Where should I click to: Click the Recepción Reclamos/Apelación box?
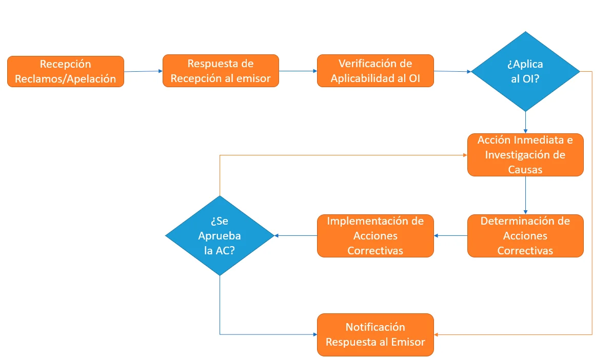(x=66, y=71)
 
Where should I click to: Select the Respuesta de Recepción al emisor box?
(x=221, y=71)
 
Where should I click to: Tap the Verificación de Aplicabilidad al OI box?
(x=375, y=71)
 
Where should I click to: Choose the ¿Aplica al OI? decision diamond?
(x=525, y=71)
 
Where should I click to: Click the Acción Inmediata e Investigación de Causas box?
(x=525, y=155)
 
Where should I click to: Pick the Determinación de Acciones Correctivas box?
(x=525, y=236)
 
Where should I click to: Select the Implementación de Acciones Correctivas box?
(x=375, y=236)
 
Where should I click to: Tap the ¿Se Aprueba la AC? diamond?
(x=220, y=236)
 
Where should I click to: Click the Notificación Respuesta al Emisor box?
(x=375, y=334)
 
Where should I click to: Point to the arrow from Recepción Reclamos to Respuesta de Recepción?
(x=143, y=71)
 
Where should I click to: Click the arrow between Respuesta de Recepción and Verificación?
(x=298, y=71)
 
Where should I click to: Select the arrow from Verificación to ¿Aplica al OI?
(x=452, y=71)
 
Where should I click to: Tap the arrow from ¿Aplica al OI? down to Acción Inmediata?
(x=525, y=123)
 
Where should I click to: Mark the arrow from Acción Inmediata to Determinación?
(x=525, y=195)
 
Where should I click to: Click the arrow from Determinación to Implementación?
(x=450, y=236)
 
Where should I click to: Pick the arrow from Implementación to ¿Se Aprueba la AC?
(x=295, y=236)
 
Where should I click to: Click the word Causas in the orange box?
(x=525, y=169)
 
